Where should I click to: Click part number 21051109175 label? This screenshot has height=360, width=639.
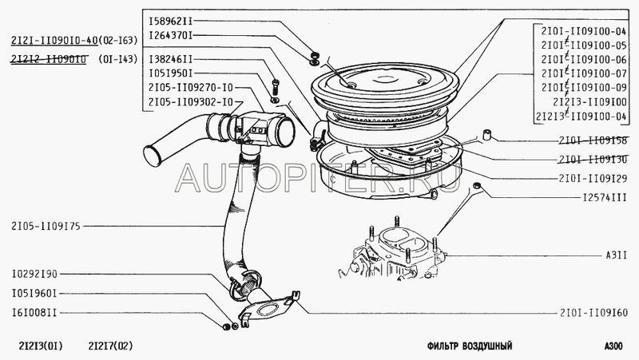tap(48, 225)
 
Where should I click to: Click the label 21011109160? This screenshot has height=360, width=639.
tap(594, 312)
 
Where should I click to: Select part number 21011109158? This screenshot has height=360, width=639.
tap(594, 140)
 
